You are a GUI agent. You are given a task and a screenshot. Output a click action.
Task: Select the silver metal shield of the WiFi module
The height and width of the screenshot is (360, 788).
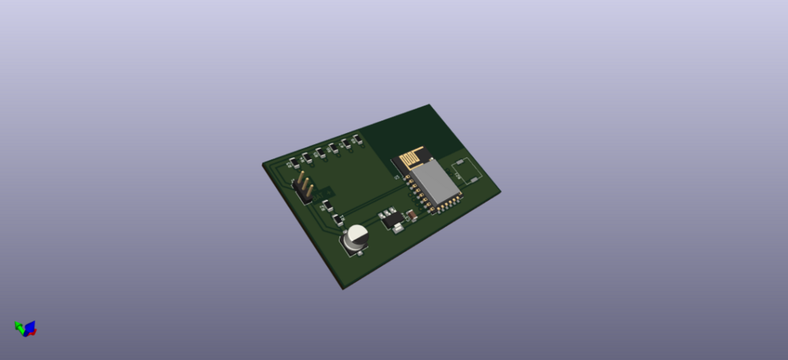pyautogui.click(x=433, y=182)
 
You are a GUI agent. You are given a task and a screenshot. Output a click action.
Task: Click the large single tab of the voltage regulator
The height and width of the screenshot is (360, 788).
pyautogui.click(x=398, y=228)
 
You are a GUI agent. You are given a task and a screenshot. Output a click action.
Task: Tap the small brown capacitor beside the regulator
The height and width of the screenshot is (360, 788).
pyautogui.click(x=411, y=214)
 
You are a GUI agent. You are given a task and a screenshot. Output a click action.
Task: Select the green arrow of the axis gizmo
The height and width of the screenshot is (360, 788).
pyautogui.click(x=19, y=325)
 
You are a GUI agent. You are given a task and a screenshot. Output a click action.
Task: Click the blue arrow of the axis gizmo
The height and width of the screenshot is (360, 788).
pyautogui.click(x=30, y=325)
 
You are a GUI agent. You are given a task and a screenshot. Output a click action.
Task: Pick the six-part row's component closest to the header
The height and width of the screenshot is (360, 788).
pyautogui.click(x=293, y=163)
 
